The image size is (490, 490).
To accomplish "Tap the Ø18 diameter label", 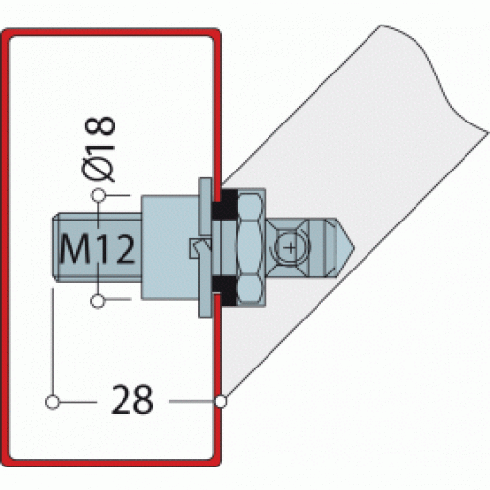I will [100, 149].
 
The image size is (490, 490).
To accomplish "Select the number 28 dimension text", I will [133, 401].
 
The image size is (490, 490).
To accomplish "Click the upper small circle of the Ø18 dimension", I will [98, 198].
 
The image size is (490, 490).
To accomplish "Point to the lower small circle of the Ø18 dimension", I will [98, 300].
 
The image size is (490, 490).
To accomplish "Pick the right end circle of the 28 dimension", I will [220, 401].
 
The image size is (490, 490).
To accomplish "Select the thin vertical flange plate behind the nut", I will [204, 249].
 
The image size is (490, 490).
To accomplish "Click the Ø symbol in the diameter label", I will [100, 168].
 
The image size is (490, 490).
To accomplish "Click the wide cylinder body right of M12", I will [167, 249].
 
